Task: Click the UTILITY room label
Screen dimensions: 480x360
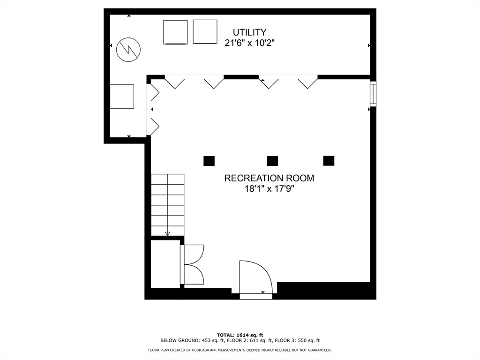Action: coord(249,32)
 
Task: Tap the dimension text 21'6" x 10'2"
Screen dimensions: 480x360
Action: coord(249,43)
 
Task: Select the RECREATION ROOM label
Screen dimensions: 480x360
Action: coord(269,178)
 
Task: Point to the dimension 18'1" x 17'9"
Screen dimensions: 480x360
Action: coord(269,189)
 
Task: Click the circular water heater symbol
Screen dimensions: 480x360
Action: coord(128,49)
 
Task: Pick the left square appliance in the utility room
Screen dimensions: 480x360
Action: coord(175,32)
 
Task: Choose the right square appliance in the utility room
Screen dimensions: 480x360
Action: coord(205,32)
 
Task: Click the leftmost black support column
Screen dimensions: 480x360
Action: coord(209,161)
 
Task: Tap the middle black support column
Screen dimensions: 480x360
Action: coord(272,161)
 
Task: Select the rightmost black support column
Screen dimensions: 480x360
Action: coord(329,161)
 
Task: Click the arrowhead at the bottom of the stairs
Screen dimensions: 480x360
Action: coord(167,234)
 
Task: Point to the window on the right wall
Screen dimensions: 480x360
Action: coord(373,94)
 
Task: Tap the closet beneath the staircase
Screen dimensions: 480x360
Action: coord(165,264)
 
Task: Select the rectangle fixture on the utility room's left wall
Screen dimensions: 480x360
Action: coord(122,97)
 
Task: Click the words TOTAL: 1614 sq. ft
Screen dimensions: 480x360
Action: coord(240,335)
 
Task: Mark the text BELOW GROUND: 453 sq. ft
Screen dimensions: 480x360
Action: coord(193,340)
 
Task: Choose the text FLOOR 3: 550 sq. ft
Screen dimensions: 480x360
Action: coord(297,340)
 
